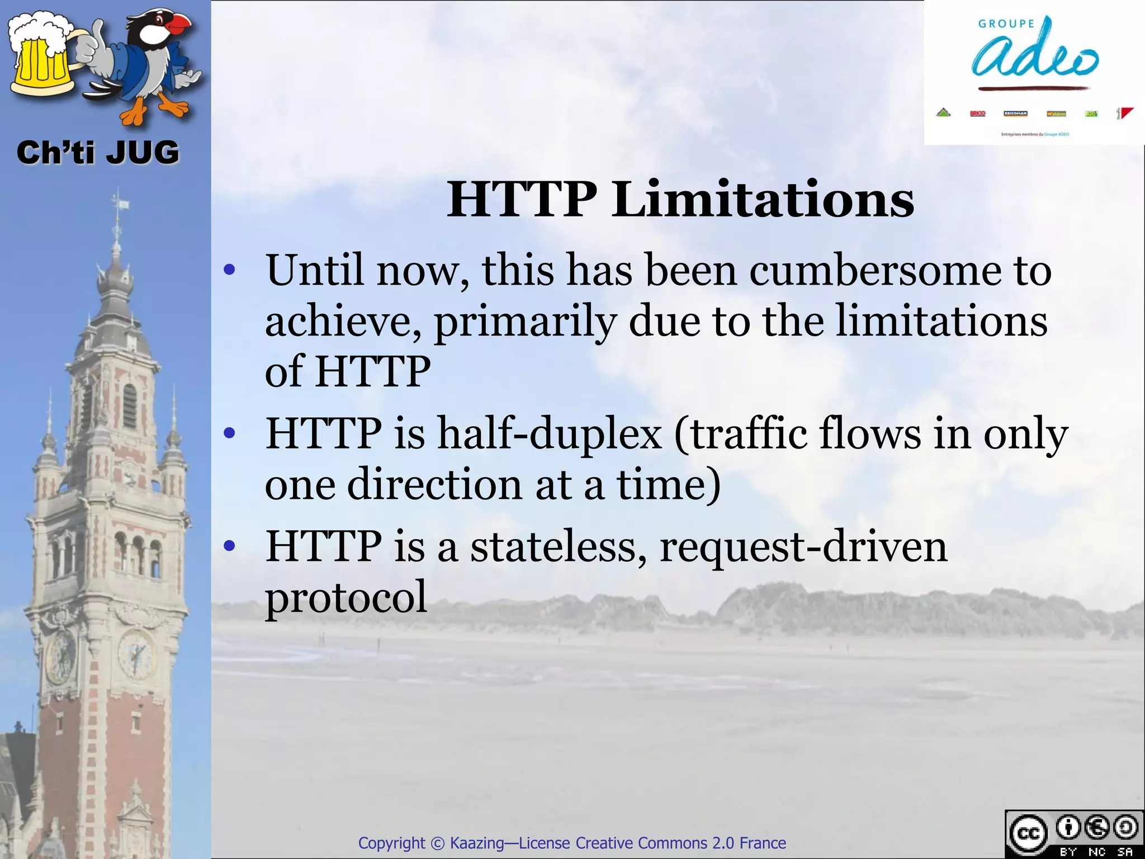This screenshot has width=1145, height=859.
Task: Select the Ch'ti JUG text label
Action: click(98, 153)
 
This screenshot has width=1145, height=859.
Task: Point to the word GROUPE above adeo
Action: click(1006, 23)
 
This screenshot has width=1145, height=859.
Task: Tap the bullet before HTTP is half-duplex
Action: click(228, 434)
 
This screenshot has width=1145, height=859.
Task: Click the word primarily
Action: click(525, 322)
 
